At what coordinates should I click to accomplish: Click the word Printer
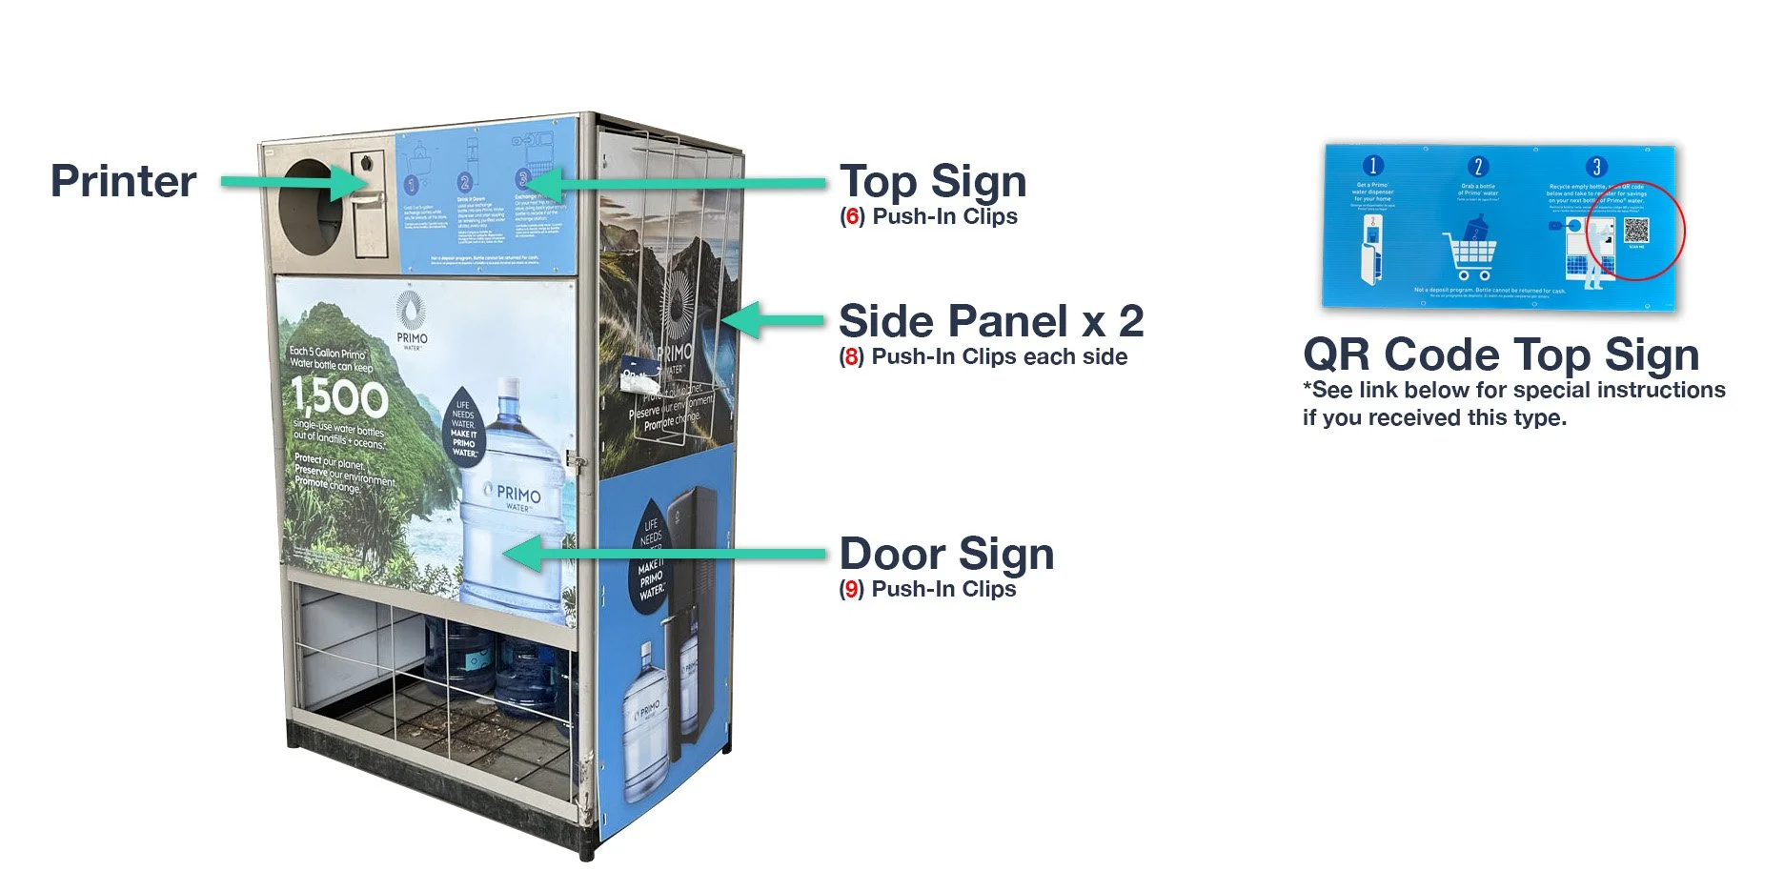pyautogui.click(x=123, y=181)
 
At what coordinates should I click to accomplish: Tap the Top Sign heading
pyautogui.click(x=932, y=181)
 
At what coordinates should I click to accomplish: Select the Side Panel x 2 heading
pyautogui.click(x=990, y=321)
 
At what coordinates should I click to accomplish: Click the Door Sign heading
pyautogui.click(x=946, y=554)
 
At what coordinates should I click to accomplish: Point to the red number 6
pyautogui.click(x=852, y=217)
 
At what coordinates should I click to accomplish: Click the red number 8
pyautogui.click(x=851, y=357)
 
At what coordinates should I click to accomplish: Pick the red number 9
pyautogui.click(x=851, y=590)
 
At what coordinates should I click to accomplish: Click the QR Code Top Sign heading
pyautogui.click(x=1501, y=354)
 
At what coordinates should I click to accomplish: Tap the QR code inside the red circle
pyautogui.click(x=1636, y=231)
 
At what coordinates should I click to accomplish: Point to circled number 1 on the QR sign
pyautogui.click(x=1373, y=165)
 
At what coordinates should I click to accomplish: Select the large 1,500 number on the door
pyautogui.click(x=339, y=396)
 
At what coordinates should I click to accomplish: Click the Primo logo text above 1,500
pyautogui.click(x=412, y=338)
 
